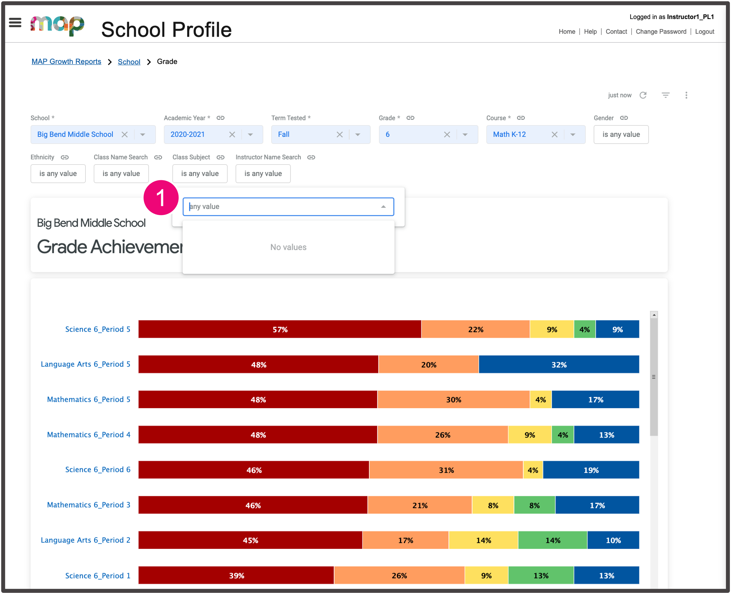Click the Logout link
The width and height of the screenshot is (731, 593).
coord(704,31)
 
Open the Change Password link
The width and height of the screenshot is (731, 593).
coord(661,31)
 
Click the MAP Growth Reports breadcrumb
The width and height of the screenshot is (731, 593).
coord(66,61)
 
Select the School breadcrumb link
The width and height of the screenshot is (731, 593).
coord(129,62)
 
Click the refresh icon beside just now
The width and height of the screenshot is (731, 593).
coord(643,95)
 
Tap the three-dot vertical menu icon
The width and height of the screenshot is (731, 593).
coord(686,95)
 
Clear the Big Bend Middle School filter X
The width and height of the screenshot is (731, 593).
coord(125,134)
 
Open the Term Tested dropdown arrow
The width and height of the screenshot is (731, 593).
coord(358,134)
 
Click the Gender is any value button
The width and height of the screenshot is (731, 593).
coord(621,134)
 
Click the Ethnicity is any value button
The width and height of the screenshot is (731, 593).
coord(58,174)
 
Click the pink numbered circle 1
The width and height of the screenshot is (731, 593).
coord(161,198)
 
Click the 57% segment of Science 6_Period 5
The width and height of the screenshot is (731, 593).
coord(279,329)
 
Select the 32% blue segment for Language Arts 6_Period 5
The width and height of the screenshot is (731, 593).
coord(559,364)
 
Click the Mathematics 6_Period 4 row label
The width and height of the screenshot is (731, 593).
coord(88,435)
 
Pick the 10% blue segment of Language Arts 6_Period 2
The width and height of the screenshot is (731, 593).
coord(613,540)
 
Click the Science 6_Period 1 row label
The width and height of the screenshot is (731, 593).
coord(98,576)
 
